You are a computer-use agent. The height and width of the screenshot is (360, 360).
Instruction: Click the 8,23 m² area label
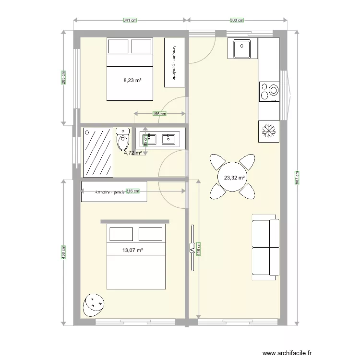click(132, 81)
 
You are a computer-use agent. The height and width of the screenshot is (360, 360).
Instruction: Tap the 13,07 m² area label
click(132, 250)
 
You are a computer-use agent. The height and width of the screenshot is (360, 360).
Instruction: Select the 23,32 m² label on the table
click(234, 177)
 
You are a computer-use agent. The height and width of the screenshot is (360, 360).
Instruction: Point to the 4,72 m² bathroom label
click(132, 153)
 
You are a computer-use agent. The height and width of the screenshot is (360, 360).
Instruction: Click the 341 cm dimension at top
click(130, 20)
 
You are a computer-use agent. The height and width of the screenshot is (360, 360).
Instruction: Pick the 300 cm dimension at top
click(237, 20)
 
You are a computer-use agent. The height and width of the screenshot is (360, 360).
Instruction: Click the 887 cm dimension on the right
click(297, 178)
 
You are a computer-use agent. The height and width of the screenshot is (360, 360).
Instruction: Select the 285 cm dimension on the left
click(64, 78)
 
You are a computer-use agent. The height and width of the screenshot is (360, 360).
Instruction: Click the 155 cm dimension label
click(159, 114)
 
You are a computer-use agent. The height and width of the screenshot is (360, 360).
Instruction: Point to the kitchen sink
click(242, 49)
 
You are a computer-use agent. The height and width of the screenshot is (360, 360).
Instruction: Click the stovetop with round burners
click(269, 91)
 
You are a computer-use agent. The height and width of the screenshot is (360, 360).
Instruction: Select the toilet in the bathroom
click(123, 140)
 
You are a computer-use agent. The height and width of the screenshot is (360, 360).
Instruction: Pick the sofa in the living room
click(265, 247)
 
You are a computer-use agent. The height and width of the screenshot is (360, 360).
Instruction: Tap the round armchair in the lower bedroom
click(94, 304)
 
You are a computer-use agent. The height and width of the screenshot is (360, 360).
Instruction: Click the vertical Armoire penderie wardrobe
click(174, 62)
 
